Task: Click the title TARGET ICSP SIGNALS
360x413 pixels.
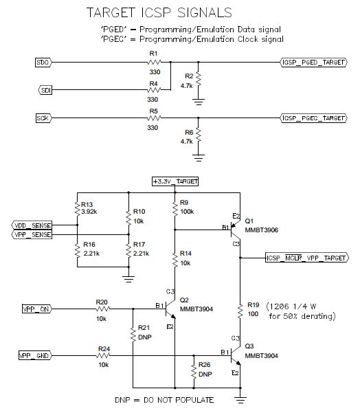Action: (x=157, y=12)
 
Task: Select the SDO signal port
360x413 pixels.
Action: (x=43, y=63)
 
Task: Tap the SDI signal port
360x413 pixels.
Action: (x=43, y=90)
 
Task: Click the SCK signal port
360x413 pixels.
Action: (x=43, y=118)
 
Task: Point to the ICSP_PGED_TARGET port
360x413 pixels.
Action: (x=314, y=63)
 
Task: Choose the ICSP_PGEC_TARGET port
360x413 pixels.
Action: (x=314, y=118)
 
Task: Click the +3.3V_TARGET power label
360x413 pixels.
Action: (x=175, y=181)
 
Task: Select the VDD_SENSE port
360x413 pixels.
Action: (x=32, y=225)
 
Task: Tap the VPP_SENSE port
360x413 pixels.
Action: (x=32, y=234)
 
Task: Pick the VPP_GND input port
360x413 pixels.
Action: (x=34, y=355)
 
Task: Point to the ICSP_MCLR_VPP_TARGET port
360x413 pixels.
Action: (x=306, y=258)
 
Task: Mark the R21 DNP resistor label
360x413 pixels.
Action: (x=144, y=333)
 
